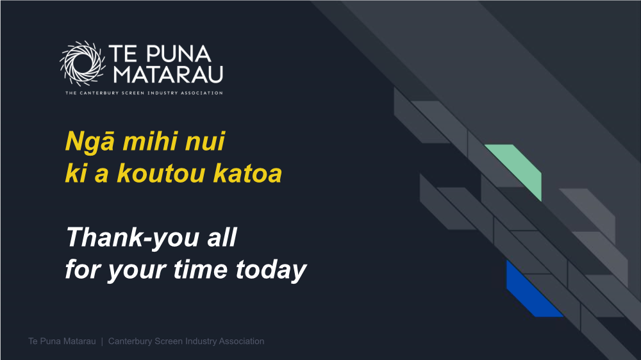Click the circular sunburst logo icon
point(83,63)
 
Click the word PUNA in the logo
point(179,54)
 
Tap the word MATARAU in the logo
point(168,74)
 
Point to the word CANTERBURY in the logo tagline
point(99,93)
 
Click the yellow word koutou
point(161,173)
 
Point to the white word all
point(222,237)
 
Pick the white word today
point(271,270)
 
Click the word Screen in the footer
point(169,341)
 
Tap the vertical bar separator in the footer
point(102,341)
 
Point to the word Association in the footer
point(242,341)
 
